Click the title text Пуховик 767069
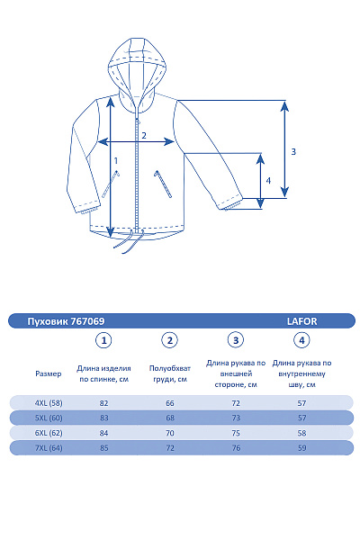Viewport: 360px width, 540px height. (67, 320)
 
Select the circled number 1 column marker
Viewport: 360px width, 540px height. (104, 340)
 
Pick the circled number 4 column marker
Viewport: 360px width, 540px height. (302, 340)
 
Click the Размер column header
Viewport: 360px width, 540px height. (49, 373)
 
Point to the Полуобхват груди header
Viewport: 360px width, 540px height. (168, 373)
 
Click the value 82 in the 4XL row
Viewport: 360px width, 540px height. (104, 402)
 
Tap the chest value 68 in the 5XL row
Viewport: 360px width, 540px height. (170, 418)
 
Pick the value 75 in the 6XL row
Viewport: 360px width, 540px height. (236, 433)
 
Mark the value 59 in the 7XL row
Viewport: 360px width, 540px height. (302, 447)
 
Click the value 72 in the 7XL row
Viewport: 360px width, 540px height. (170, 447)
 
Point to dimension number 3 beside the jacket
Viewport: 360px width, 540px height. (293, 151)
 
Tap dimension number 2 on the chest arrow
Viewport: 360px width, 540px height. (143, 136)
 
